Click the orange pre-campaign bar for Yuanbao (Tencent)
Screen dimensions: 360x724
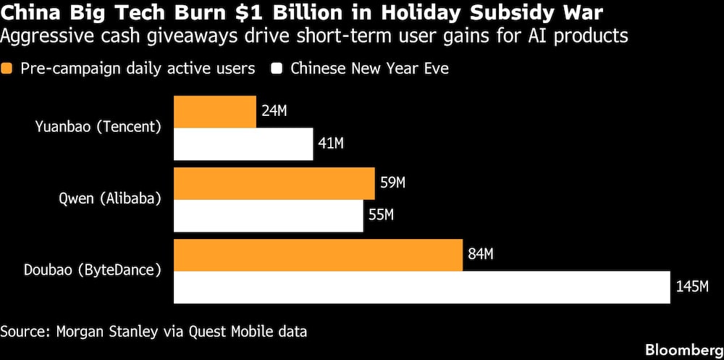[215, 112]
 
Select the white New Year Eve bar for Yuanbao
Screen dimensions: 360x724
[243, 143]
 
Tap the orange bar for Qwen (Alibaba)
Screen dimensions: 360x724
[274, 183]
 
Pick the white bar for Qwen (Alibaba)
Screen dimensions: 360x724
[269, 215]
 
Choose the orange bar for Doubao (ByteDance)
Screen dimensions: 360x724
[319, 254]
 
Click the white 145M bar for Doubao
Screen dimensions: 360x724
[421, 287]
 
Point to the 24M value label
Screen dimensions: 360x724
[274, 112]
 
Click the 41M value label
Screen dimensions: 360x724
[331, 143]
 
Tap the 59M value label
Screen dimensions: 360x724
[392, 183]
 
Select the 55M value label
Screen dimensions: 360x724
[381, 215]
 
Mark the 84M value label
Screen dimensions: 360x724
[480, 254]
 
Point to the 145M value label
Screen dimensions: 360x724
[691, 287]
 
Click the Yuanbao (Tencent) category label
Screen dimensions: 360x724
[98, 127]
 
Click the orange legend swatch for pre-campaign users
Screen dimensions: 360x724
[8, 69]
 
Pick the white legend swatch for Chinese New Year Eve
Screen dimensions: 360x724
[277, 69]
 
